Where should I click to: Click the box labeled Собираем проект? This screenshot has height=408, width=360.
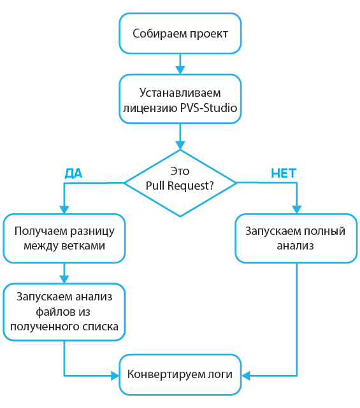point(180,34)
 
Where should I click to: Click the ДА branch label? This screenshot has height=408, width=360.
point(74,173)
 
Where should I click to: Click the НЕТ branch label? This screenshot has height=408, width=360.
point(284,173)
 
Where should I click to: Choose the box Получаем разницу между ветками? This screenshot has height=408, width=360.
point(64,238)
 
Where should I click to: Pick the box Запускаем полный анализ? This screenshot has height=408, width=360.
point(296,238)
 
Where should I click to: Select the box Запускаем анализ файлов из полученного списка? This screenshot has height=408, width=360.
point(64,311)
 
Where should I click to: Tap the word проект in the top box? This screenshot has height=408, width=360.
point(208,34)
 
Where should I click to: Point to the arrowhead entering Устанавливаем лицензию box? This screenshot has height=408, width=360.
point(180,69)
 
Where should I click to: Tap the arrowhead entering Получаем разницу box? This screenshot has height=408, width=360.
point(64,208)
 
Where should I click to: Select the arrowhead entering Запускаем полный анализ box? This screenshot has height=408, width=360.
point(296,208)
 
